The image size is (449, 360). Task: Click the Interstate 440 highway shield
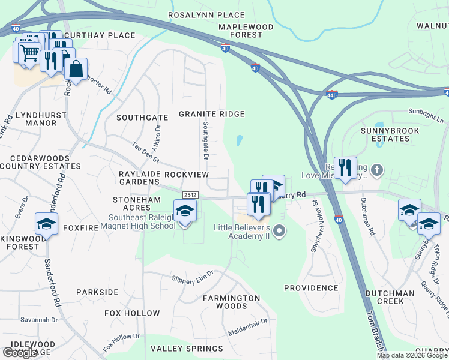point(333,94)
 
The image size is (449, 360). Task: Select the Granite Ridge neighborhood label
point(212,114)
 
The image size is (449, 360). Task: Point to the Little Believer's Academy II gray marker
point(278,231)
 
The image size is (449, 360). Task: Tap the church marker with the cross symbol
point(376,170)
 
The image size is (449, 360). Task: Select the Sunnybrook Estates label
point(385,134)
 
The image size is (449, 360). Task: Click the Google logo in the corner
point(20,352)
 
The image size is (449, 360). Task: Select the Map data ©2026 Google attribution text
point(411,355)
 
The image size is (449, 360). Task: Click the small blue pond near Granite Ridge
point(240,141)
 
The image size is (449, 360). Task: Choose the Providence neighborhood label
point(311,288)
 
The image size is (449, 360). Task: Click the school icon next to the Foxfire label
point(46,223)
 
